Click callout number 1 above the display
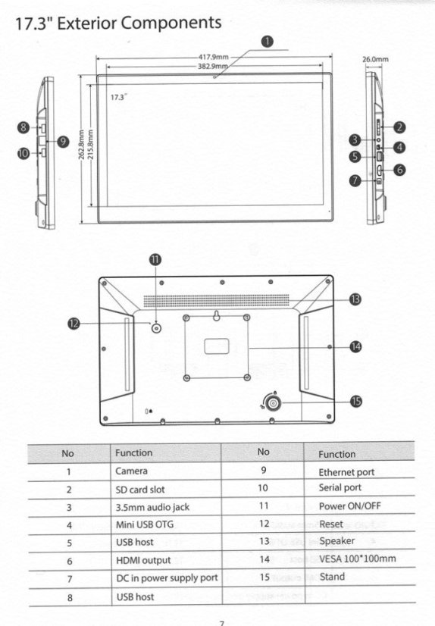point(267,42)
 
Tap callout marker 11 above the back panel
point(155,259)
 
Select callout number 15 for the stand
point(355,400)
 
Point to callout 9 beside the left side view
point(63,140)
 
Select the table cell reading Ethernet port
point(346,472)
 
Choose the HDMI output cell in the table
point(143,561)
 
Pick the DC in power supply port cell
point(166,578)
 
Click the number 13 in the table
point(263,541)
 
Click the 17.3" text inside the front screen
point(117,98)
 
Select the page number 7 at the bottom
point(221,622)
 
